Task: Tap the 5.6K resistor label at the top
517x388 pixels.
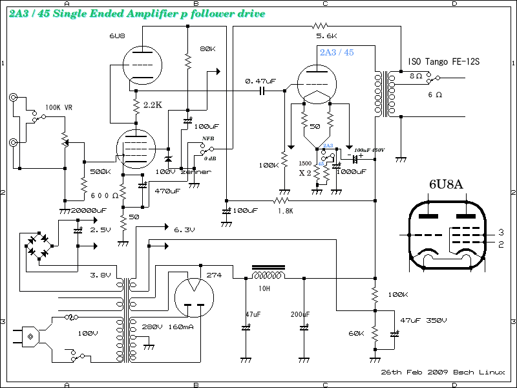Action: tap(326, 36)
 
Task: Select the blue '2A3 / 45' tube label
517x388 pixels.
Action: tap(337, 52)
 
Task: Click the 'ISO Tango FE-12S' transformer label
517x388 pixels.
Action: tap(447, 62)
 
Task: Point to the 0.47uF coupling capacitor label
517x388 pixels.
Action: tap(260, 81)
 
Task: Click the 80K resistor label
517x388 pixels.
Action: tap(208, 49)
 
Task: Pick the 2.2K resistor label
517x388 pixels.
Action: tap(153, 105)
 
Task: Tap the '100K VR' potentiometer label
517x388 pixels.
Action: tap(59, 107)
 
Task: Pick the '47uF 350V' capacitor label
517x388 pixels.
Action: tap(423, 320)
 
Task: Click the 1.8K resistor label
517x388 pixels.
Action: tap(285, 210)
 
